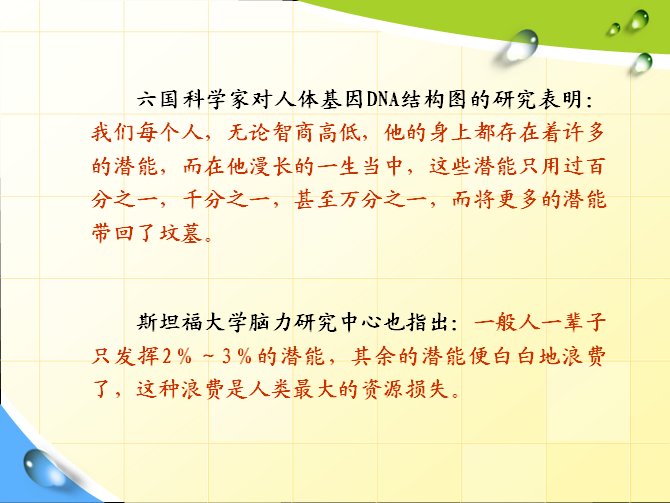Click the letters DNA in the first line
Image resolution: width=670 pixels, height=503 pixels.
pyautogui.click(x=383, y=99)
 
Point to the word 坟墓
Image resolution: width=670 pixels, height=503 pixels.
pyautogui.click(x=181, y=233)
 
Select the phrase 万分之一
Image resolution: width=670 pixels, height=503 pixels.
pyautogui.click(x=384, y=200)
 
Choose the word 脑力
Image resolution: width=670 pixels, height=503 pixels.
pyautogui.click(x=270, y=322)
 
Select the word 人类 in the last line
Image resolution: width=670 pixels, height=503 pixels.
pyautogui.click(x=270, y=389)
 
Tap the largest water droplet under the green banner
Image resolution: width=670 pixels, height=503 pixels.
pyautogui.click(x=522, y=44)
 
